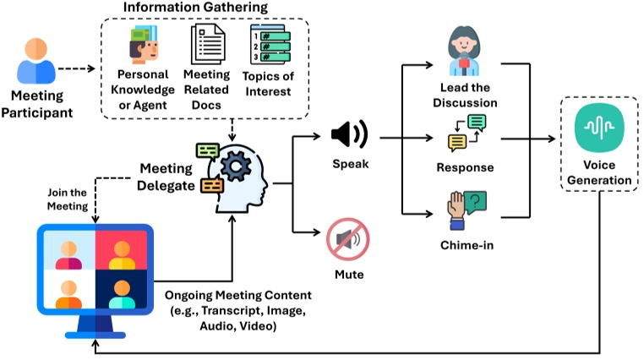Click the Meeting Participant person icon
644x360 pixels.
click(x=36, y=61)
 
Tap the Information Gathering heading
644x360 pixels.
click(x=195, y=7)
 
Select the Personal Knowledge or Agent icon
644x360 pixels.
click(x=144, y=45)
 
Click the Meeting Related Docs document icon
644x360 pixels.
click(x=208, y=44)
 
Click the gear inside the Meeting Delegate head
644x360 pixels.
click(x=236, y=166)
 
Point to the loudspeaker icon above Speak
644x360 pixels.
click(x=350, y=134)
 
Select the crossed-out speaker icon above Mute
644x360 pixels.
click(x=348, y=239)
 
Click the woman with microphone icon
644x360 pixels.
click(x=464, y=52)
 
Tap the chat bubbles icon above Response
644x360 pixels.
click(x=467, y=133)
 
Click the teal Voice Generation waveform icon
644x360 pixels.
click(x=599, y=128)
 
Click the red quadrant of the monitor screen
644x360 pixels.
click(x=122, y=250)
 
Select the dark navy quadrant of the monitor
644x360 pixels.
click(x=122, y=289)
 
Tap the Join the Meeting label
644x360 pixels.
click(x=68, y=199)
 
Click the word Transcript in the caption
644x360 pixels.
click(x=232, y=311)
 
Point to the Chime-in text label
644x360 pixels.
click(x=467, y=245)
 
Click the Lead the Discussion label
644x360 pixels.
click(x=465, y=95)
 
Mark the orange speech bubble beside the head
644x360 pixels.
click(x=212, y=186)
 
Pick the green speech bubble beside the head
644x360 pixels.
click(x=208, y=151)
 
